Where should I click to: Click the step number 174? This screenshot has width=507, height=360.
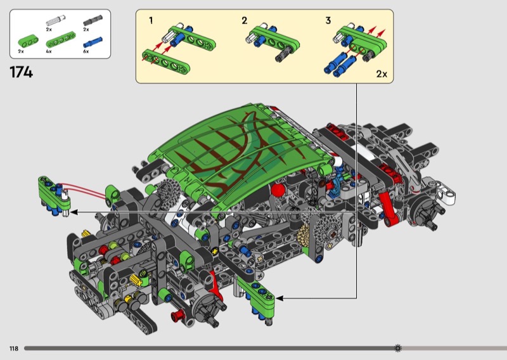pyautogui.click(x=22, y=72)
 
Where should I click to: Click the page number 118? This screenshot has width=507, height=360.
pyautogui.click(x=14, y=349)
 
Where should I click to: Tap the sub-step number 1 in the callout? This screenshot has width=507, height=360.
pyautogui.click(x=151, y=21)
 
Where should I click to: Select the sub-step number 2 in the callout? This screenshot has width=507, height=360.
pyautogui.click(x=245, y=21)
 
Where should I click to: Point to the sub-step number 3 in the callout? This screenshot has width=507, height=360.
pyautogui.click(x=328, y=21)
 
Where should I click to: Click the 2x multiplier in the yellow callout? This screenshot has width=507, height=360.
pyautogui.click(x=382, y=74)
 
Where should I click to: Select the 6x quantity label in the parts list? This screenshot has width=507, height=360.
pyautogui.click(x=86, y=51)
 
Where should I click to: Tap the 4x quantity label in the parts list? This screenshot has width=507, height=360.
pyautogui.click(x=49, y=51)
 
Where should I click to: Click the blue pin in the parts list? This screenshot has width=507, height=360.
pyautogui.click(x=93, y=42)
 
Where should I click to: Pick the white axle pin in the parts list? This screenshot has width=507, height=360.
pyautogui.click(x=56, y=20)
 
